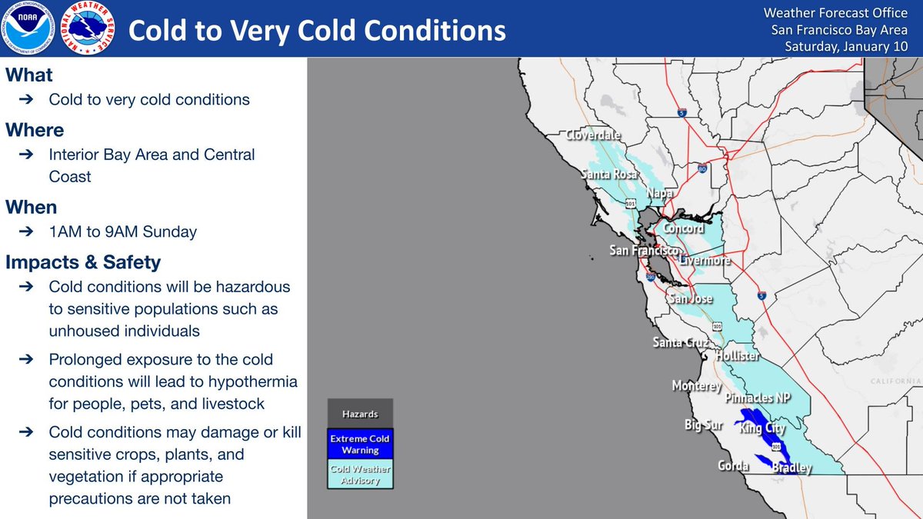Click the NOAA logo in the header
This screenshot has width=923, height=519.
point(28,29)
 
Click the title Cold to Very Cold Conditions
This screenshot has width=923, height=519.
point(317,31)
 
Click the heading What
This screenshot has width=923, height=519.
point(29,75)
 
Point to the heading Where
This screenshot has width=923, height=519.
point(35,130)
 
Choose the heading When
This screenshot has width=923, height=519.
point(32,208)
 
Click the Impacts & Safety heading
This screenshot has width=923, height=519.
point(83,262)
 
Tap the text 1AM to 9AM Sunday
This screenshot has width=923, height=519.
point(122,232)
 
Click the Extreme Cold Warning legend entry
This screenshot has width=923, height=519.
point(360,444)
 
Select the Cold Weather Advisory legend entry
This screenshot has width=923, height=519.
point(360,475)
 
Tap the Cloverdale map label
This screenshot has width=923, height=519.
point(593,135)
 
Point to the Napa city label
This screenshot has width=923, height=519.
point(660,192)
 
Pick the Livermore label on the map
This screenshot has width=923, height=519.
point(704,261)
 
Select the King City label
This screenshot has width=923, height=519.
point(762,428)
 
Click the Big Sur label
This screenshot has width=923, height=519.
point(703,424)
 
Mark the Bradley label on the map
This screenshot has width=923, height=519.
point(791,467)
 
